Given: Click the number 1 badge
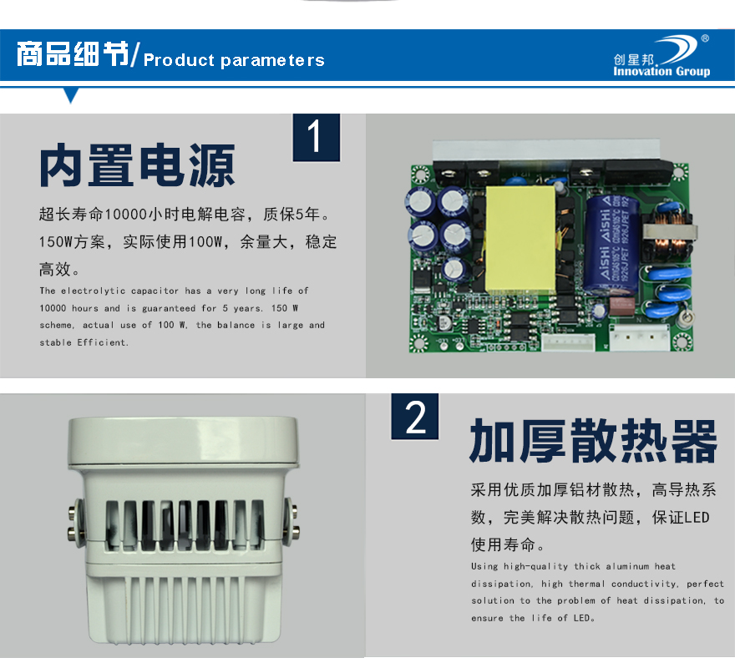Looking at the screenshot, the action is click(317, 137).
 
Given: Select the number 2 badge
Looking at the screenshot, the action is click(415, 417).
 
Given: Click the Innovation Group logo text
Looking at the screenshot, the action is click(661, 71).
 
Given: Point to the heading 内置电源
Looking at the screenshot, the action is click(137, 165).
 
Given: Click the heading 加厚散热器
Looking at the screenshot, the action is click(594, 441).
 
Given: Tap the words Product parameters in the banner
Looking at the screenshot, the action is click(234, 60).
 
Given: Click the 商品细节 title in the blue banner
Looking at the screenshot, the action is click(73, 54).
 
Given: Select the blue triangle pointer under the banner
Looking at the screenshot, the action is click(71, 94).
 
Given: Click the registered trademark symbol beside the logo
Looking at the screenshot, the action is click(705, 38).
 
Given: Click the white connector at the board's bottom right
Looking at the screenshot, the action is click(640, 337).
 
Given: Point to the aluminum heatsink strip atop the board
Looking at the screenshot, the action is click(546, 149).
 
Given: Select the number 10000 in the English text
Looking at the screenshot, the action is click(53, 308).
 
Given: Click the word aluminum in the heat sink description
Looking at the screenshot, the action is click(627, 566).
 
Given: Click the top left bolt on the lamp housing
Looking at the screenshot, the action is click(73, 511).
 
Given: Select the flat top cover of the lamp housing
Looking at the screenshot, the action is click(183, 441).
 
